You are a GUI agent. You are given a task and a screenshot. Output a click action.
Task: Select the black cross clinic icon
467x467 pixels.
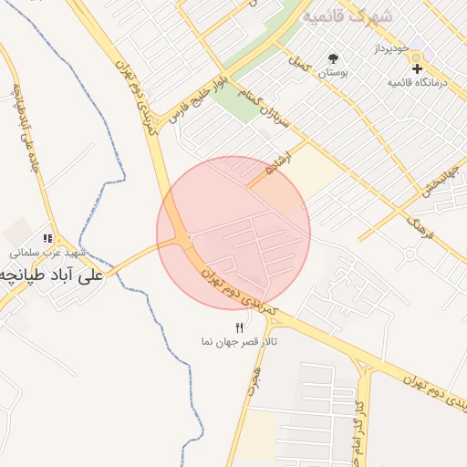tap(417, 68)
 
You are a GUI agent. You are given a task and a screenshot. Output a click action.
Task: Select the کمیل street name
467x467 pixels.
tap(298, 67)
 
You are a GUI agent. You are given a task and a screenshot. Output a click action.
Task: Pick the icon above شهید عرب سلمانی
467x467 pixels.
tap(47, 239)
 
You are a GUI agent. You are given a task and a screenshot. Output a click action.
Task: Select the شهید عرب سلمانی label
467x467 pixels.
tap(47, 253)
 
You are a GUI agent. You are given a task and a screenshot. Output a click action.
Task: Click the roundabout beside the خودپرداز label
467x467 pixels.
tap(417, 56)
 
